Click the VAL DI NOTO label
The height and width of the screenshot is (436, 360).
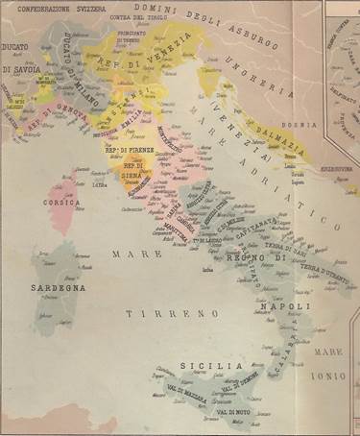[234, 412]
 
